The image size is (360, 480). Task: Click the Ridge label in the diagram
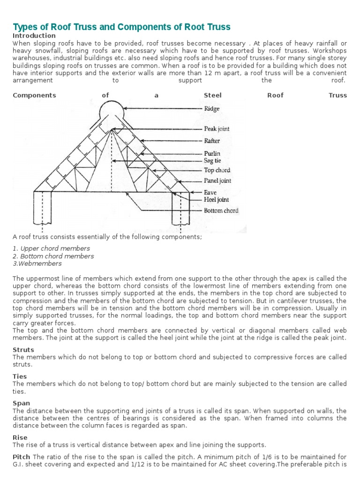212,109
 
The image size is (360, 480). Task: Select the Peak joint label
217,128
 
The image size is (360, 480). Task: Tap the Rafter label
212,141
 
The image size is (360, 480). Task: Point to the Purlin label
212,153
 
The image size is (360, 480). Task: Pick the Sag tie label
212,160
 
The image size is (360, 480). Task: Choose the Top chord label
217,170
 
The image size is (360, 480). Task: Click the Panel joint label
217,180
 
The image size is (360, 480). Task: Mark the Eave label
210,192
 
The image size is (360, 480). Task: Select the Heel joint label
217,200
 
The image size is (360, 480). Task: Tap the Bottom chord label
221,210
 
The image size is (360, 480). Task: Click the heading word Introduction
34,36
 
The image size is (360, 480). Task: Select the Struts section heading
23,350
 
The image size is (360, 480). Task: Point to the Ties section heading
20,376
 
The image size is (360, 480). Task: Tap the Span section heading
21,403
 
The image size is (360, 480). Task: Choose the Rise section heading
20,437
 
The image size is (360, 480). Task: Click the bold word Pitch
22,457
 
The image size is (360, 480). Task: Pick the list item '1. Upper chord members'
51,248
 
